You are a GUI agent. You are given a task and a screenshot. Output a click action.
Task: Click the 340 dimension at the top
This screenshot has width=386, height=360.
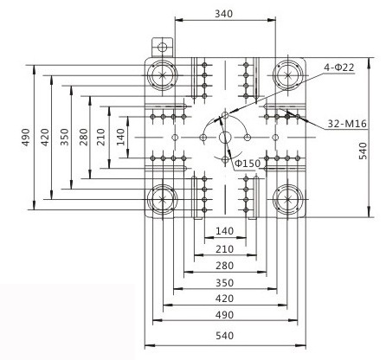pyautogui.click(x=223, y=14)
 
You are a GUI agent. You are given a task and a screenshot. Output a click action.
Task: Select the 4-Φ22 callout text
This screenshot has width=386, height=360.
pyautogui.click(x=339, y=67)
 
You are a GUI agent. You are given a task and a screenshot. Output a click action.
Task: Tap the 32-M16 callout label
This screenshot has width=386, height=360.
pyautogui.click(x=347, y=124)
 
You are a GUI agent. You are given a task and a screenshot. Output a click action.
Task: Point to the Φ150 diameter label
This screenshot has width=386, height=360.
pyautogui.click(x=248, y=164)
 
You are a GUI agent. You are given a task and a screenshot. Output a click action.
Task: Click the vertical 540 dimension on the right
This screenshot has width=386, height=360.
pyautogui.click(x=363, y=151)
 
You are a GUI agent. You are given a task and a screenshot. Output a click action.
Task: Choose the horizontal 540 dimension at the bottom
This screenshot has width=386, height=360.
pyautogui.click(x=224, y=336)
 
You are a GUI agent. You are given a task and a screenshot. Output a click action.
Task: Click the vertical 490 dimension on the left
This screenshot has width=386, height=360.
pyautogui.click(x=26, y=138)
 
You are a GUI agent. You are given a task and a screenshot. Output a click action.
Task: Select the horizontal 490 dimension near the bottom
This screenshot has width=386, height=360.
pyautogui.click(x=224, y=314)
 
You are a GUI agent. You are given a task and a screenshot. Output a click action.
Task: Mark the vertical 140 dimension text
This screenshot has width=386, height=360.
pyautogui.click(x=120, y=137)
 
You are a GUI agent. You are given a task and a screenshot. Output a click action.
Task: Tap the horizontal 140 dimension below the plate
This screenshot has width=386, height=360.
pyautogui.click(x=224, y=231)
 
